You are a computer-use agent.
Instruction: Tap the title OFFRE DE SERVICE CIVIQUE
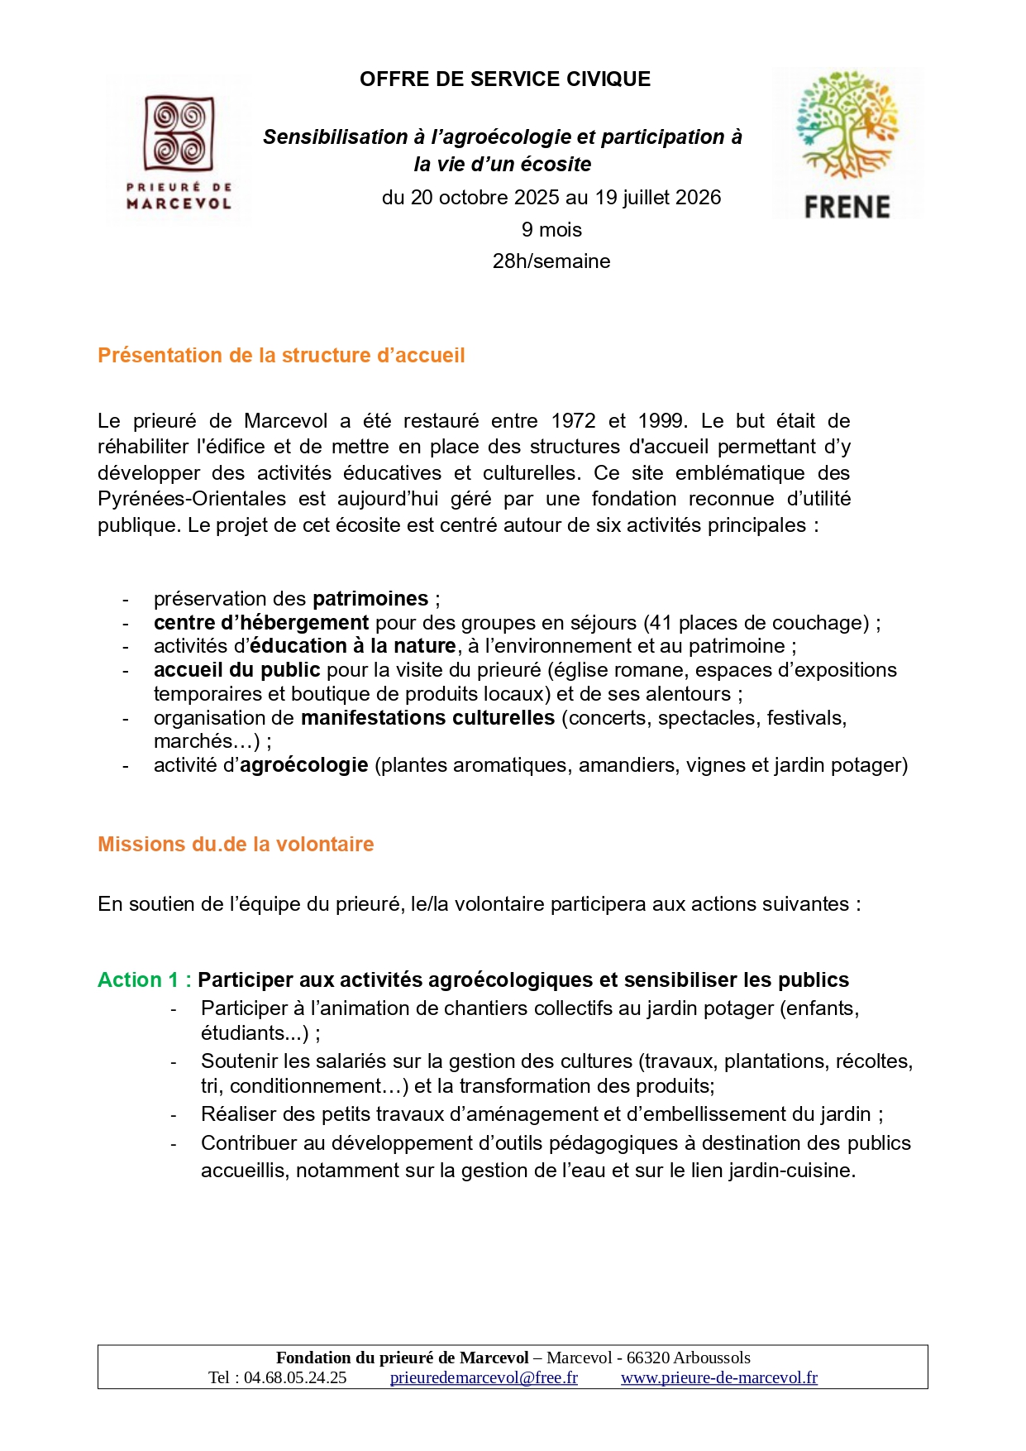click(504, 79)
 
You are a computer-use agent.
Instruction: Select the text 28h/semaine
click(551, 261)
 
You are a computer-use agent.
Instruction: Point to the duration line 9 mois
click(551, 230)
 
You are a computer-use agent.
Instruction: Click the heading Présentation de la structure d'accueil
click(281, 356)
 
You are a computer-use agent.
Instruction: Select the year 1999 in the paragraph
click(660, 421)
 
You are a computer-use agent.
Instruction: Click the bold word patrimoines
click(370, 599)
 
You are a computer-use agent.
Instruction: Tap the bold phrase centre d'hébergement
click(261, 623)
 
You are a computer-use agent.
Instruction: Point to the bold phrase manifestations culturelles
click(427, 718)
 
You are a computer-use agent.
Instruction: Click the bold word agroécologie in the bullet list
click(303, 765)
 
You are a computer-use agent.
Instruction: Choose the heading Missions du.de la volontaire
click(236, 845)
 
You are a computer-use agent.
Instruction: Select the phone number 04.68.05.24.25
click(295, 1378)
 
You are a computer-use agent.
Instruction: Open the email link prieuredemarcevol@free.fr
click(484, 1378)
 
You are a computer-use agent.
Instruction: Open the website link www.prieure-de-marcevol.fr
click(719, 1378)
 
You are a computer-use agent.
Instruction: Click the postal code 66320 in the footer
click(648, 1358)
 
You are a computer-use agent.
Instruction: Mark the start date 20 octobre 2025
click(468, 198)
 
